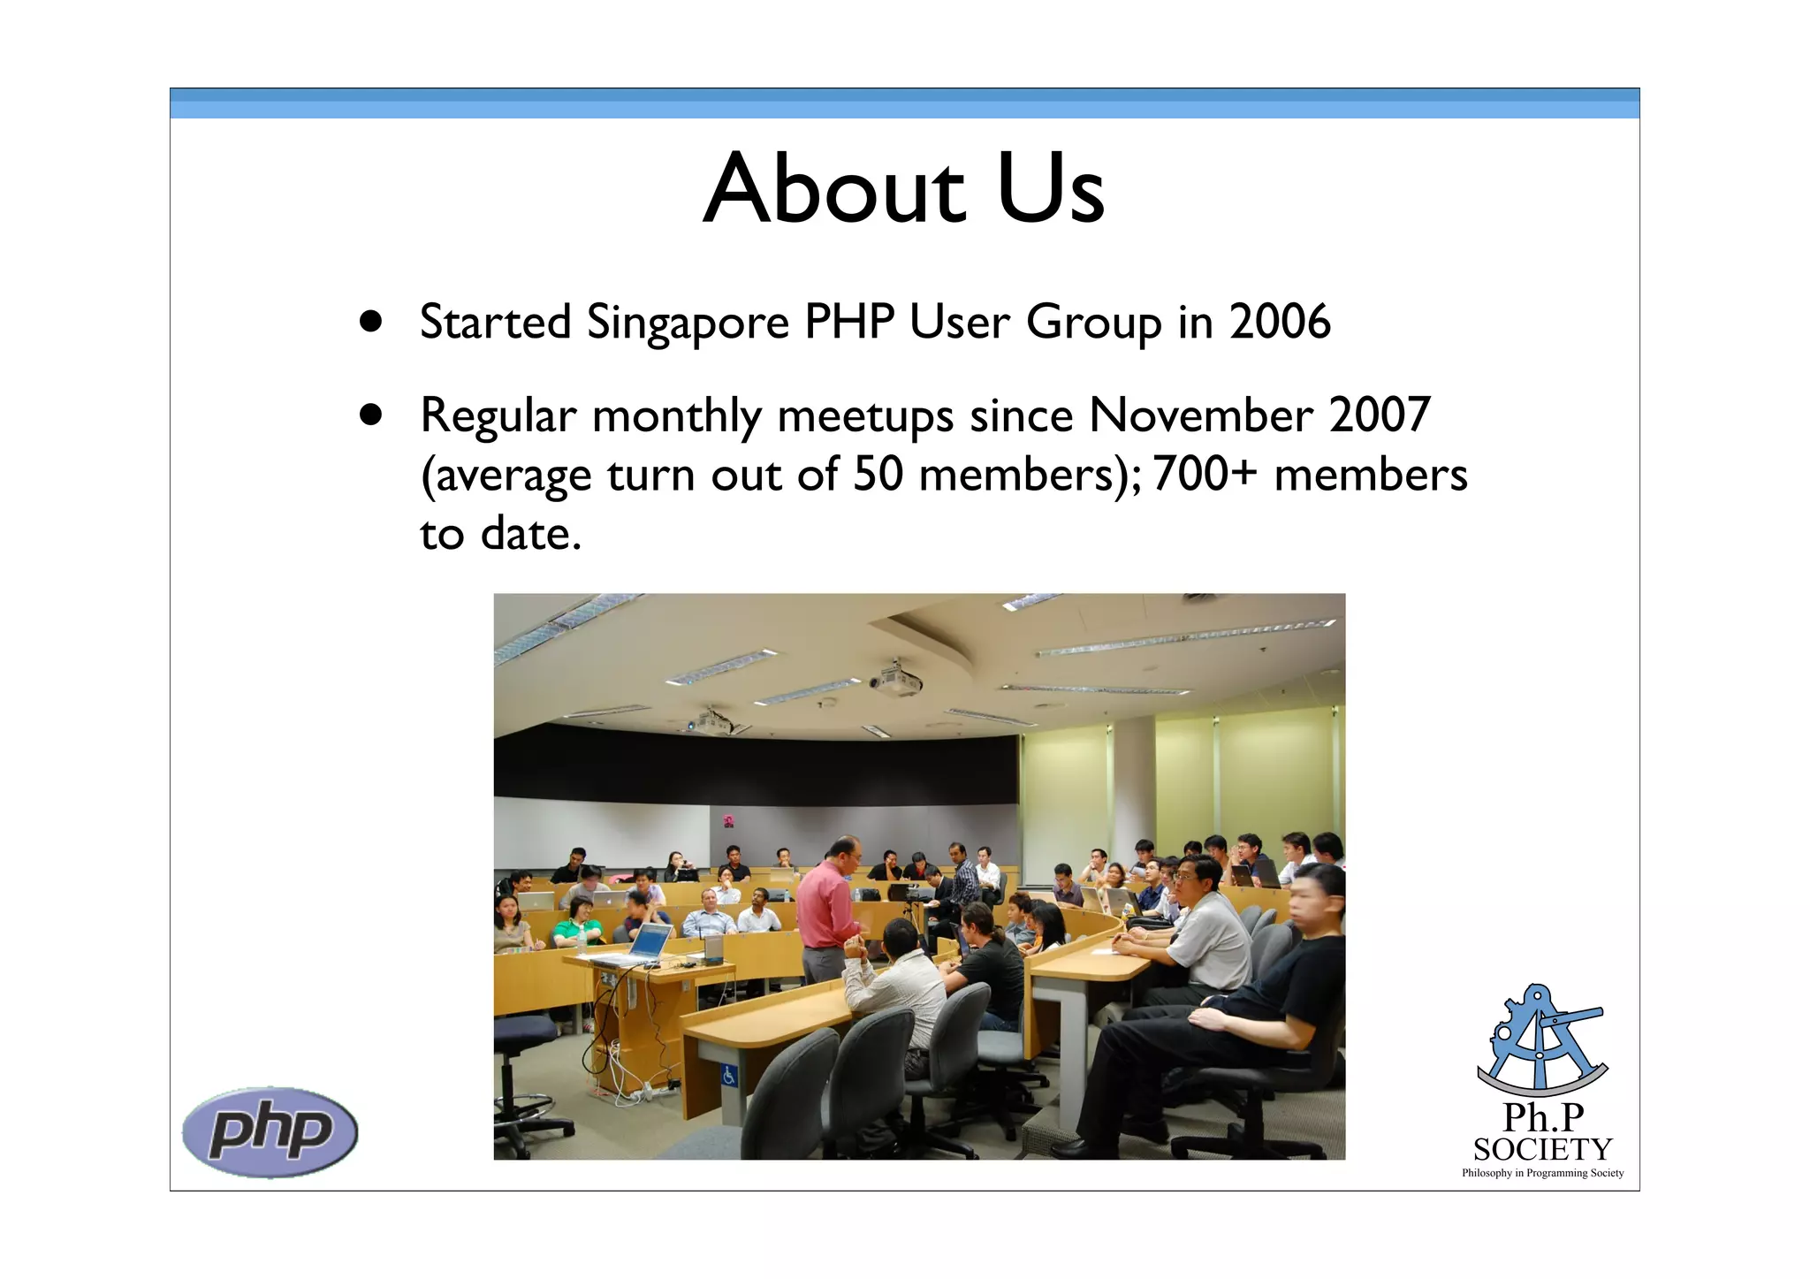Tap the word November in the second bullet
1200,415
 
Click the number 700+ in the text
1204,475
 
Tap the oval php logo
270,1131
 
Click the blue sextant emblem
1542,1040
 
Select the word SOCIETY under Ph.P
1542,1150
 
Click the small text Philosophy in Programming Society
1542,1174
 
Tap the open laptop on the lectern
650,941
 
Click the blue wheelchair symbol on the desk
729,1076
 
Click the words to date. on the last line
500,534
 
